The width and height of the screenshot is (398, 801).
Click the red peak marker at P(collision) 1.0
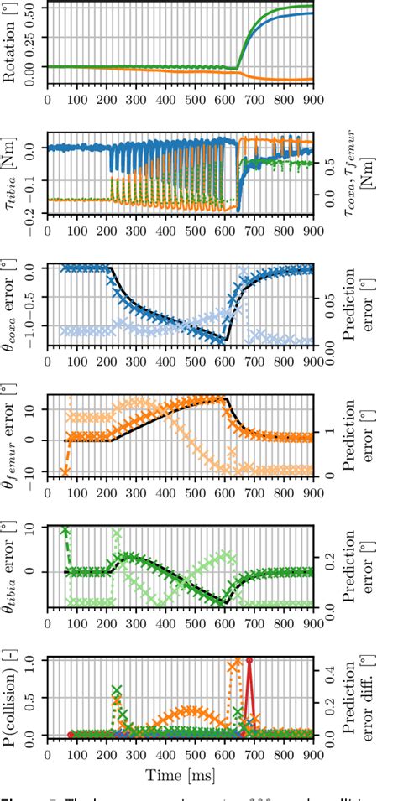click(249, 660)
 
